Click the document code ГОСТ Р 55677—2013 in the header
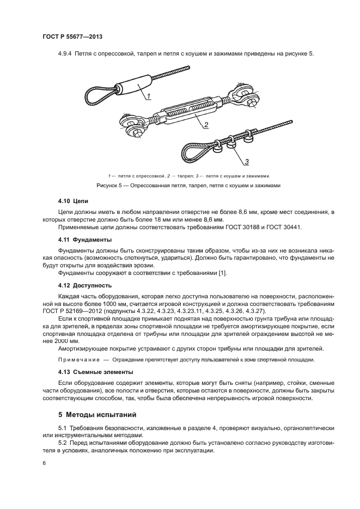pos(72,36)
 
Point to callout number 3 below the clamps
pos(246,162)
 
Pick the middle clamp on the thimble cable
pos(231,140)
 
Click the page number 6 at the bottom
pos(44,463)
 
